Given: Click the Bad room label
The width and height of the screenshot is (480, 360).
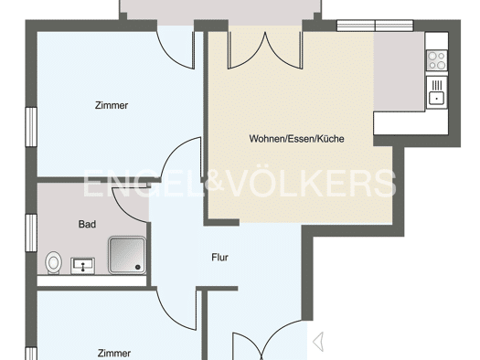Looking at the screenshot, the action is tap(87, 224).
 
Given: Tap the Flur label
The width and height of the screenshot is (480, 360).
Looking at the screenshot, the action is tap(219, 258).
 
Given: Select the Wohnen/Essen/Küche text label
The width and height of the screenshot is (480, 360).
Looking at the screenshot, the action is tap(296, 139).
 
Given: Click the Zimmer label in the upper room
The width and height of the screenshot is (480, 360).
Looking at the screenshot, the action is tap(112, 105).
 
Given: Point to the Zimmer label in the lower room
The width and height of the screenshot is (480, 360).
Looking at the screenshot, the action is tap(114, 354).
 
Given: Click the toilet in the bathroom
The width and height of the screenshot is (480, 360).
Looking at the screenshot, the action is tap(54, 263).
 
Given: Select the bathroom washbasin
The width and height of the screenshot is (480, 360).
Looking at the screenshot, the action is tap(82, 266).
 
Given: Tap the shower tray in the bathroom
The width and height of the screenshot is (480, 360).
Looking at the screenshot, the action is tap(127, 255).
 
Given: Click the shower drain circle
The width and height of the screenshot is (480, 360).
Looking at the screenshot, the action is tap(138, 268).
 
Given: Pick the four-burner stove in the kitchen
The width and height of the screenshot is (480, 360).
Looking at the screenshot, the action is tap(437, 60).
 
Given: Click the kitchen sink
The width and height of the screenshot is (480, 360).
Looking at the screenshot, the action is tap(437, 92).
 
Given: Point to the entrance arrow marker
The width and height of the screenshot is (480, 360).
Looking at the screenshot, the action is tap(318, 342).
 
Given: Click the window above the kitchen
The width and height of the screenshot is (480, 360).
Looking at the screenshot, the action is tap(375, 26).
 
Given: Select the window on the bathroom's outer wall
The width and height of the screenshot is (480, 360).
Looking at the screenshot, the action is tap(31, 233).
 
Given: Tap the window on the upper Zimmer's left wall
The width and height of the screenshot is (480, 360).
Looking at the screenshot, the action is tap(31, 127).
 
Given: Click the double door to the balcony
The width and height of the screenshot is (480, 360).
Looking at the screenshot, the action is tap(265, 49).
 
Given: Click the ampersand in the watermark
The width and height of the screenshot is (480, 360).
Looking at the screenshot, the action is tap(214, 183).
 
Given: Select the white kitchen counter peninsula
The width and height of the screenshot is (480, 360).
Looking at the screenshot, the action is tap(411, 123).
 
